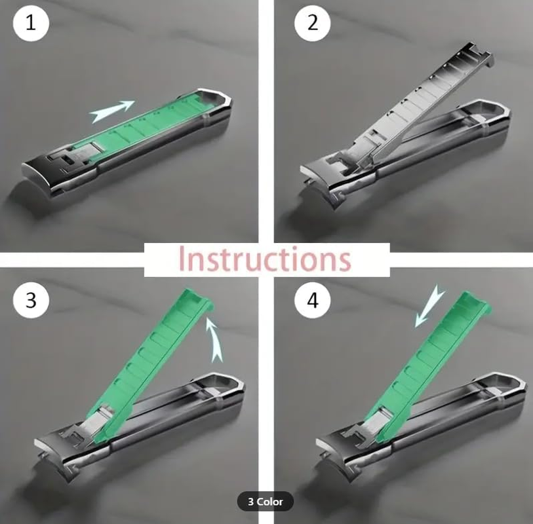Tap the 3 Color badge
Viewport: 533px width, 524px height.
266,502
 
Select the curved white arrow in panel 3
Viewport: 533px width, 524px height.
214,337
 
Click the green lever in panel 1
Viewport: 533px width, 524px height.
151,124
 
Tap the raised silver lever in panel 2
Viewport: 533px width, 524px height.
406,105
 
